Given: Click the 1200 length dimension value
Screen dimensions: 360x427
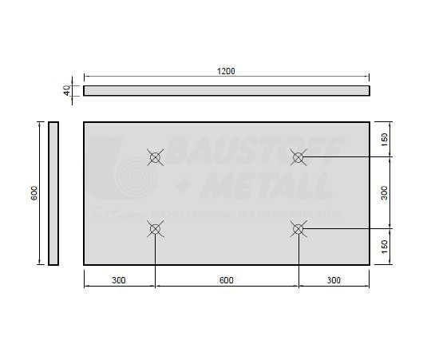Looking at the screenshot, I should [x=226, y=71].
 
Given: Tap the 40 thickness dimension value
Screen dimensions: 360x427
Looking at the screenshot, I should [x=68, y=90].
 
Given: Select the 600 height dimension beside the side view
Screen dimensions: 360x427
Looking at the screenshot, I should [x=34, y=192].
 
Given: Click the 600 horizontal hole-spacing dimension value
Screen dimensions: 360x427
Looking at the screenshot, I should [x=226, y=279].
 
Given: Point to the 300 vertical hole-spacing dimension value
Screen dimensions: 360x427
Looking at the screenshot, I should [x=385, y=192].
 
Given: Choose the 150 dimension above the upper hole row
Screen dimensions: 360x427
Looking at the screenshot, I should [x=385, y=139].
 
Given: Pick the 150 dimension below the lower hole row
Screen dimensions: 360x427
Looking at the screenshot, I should [x=385, y=247].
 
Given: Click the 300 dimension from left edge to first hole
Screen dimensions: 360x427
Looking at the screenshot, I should [x=119, y=279].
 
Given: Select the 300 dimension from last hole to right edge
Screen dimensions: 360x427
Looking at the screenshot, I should [x=334, y=279].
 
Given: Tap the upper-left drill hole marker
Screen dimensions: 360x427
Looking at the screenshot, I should [x=155, y=157].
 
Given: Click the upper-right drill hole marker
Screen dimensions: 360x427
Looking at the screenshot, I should [x=298, y=157].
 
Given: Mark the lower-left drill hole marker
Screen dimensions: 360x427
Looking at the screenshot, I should [x=155, y=230].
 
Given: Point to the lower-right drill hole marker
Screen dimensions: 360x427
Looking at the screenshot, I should [x=298, y=230].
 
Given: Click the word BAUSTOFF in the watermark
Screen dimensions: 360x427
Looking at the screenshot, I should [x=257, y=149].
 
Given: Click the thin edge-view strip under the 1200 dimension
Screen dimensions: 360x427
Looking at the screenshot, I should [x=226, y=90].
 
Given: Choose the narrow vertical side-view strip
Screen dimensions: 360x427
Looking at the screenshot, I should [x=53, y=192].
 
